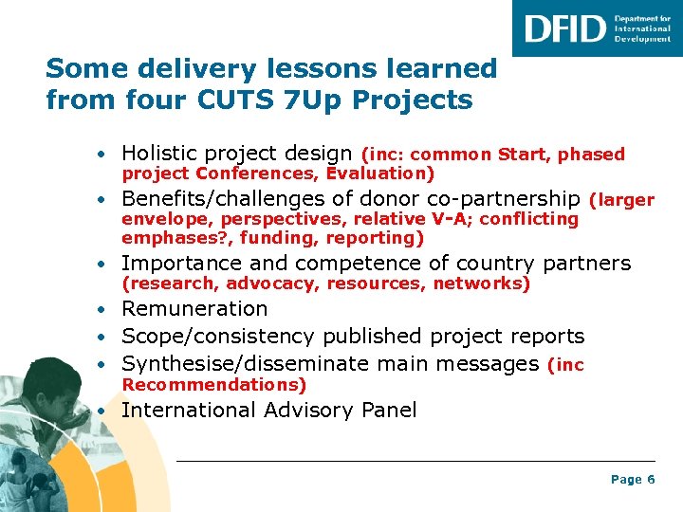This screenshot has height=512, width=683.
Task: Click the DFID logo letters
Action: (564, 28)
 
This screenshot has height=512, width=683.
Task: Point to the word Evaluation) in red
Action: (380, 174)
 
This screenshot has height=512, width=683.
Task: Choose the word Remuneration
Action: (194, 309)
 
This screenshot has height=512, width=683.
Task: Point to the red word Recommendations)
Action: (214, 385)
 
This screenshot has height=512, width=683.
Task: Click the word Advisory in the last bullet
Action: (311, 411)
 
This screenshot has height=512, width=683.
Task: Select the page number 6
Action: (651, 480)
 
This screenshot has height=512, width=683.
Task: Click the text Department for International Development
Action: (642, 28)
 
